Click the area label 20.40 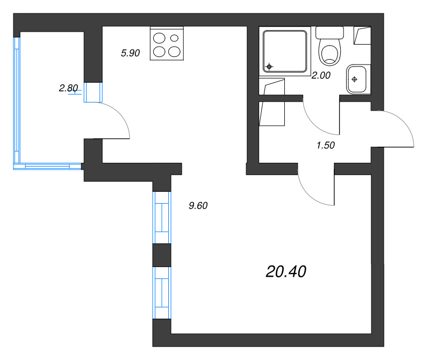pyautogui.click(x=286, y=272)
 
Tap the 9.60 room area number pyautogui.click(x=198, y=205)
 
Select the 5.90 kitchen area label pyautogui.click(x=130, y=53)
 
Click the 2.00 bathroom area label pyautogui.click(x=321, y=76)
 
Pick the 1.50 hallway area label pyautogui.click(x=327, y=145)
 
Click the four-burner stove pyautogui.click(x=167, y=45)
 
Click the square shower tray pyautogui.click(x=285, y=51)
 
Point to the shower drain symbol pyautogui.click(x=269, y=67)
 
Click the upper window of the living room pyautogui.click(x=162, y=218)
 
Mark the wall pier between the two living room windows pyautogui.click(x=162, y=255)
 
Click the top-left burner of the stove pyautogui.click(x=160, y=38)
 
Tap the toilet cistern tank pyautogui.click(x=329, y=32)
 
